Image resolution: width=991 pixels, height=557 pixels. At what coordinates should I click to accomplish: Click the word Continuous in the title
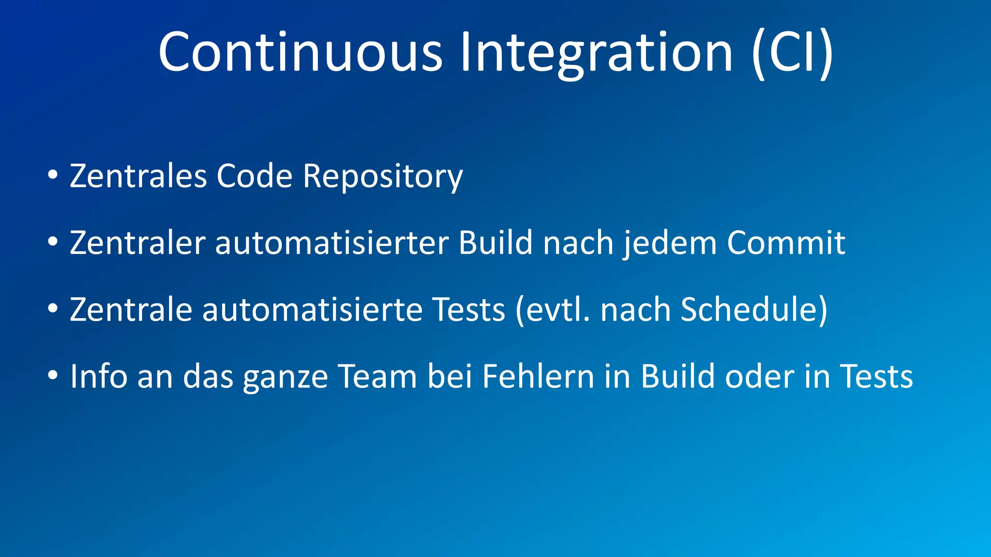tap(300, 52)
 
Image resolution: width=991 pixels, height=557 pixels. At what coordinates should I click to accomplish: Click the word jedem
tap(670, 243)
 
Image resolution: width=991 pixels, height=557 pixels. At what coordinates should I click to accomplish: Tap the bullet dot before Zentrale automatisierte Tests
tap(53, 308)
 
